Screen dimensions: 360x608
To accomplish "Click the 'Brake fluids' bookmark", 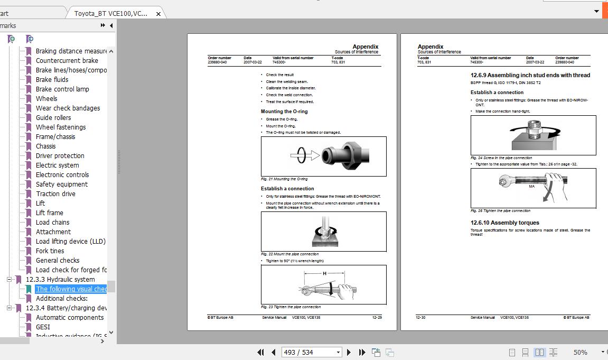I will (x=52, y=80).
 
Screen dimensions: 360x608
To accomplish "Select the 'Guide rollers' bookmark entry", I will (x=53, y=118).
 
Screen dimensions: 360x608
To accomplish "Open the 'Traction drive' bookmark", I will (x=55, y=194).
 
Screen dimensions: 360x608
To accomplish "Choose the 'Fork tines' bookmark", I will (x=50, y=251).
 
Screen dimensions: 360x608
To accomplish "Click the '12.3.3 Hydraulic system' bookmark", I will (x=60, y=280).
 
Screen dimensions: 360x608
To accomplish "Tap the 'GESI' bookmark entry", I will (x=43, y=327).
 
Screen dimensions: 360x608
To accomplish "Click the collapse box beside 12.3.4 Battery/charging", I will (x=9, y=308).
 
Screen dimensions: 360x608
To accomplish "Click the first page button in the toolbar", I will (x=260, y=352).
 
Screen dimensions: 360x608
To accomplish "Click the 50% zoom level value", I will (x=580, y=352).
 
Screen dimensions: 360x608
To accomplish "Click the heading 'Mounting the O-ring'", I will (x=284, y=112).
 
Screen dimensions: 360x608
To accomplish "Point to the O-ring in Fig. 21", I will (x=301, y=155).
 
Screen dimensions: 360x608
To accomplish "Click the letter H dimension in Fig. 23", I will (x=324, y=273).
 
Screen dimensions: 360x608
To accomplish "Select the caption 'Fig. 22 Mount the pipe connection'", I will (x=289, y=254).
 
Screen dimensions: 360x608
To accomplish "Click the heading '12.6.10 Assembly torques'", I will (x=504, y=223).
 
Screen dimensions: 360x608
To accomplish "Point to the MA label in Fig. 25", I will (x=532, y=187).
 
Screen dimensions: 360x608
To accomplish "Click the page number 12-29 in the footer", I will (x=377, y=318).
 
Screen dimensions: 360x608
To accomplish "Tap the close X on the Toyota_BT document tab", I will (x=157, y=13).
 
